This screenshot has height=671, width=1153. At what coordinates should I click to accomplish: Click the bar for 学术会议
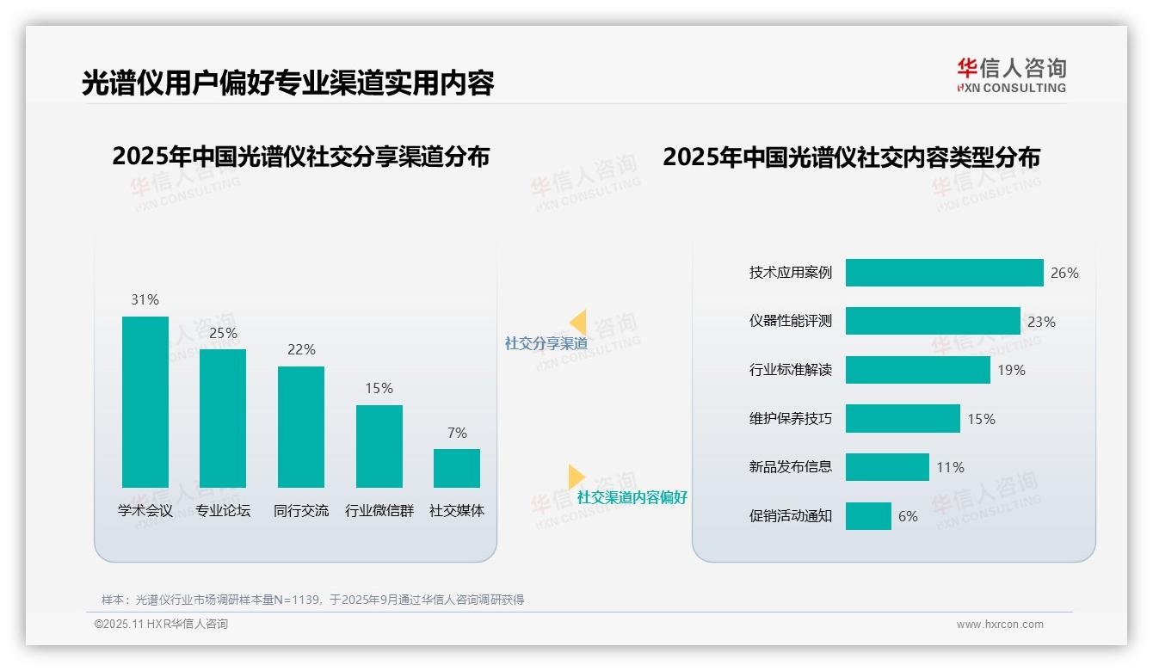[x=145, y=402]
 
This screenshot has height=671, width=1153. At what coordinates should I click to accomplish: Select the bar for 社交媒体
[x=457, y=468]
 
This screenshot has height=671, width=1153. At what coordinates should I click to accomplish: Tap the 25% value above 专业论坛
[x=223, y=333]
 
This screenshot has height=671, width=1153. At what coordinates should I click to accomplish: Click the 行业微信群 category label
[x=379, y=511]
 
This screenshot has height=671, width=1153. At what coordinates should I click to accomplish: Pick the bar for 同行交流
[x=301, y=427]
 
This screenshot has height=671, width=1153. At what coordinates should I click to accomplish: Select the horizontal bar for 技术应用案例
[x=944, y=273]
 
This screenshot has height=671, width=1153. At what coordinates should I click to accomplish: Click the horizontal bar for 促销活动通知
[x=868, y=516]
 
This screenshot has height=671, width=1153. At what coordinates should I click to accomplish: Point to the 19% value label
[x=1011, y=370]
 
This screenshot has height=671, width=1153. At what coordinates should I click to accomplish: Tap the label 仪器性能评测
[x=791, y=322]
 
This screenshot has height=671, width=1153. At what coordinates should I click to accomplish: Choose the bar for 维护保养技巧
[x=903, y=419]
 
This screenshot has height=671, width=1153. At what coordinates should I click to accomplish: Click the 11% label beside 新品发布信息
[x=950, y=467]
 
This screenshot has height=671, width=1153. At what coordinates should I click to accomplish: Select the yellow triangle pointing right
[x=575, y=476]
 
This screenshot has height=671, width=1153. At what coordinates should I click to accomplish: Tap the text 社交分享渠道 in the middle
[x=546, y=343]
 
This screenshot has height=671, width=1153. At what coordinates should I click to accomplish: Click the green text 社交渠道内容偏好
[x=632, y=497]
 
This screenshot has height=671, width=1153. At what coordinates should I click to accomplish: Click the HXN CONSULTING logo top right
[x=1011, y=76]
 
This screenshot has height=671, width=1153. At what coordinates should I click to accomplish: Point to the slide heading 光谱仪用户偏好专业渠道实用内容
[x=287, y=83]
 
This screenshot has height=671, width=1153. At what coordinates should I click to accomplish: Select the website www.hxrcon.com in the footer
[x=999, y=625]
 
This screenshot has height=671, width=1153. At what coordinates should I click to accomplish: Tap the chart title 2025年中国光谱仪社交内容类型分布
[x=851, y=157]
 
